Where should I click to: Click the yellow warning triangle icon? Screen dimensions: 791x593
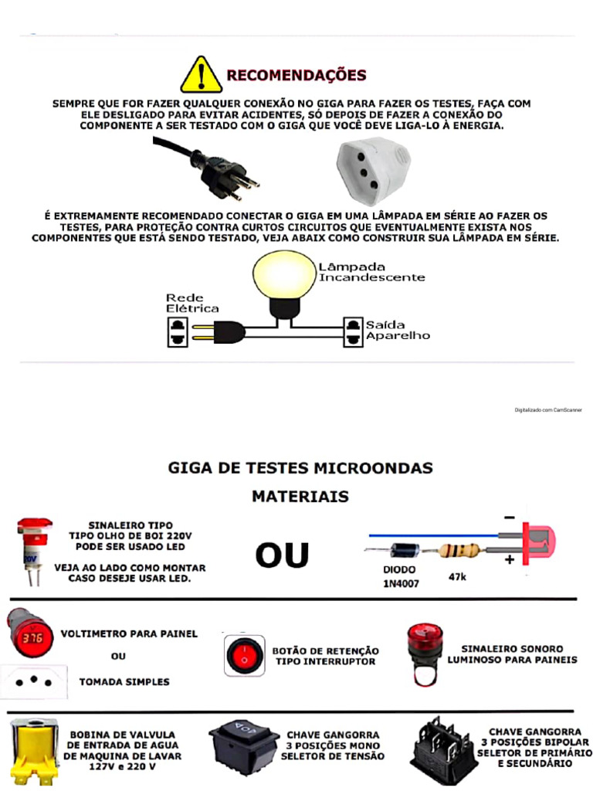tap(202, 76)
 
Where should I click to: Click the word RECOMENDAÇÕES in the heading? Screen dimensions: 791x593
tap(296, 76)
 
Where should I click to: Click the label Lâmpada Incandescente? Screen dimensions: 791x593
tap(371, 271)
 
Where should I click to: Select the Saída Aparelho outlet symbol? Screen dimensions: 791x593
tap(353, 332)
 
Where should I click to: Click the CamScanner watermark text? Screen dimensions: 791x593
tap(548, 410)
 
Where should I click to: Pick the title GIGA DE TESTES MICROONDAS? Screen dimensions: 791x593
tap(300, 468)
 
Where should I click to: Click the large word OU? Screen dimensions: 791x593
tap(282, 555)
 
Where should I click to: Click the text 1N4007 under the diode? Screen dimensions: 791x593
tap(401, 583)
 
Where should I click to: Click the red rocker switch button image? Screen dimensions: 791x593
tap(244, 656)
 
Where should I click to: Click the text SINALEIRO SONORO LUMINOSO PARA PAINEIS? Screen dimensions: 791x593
tap(512, 654)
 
